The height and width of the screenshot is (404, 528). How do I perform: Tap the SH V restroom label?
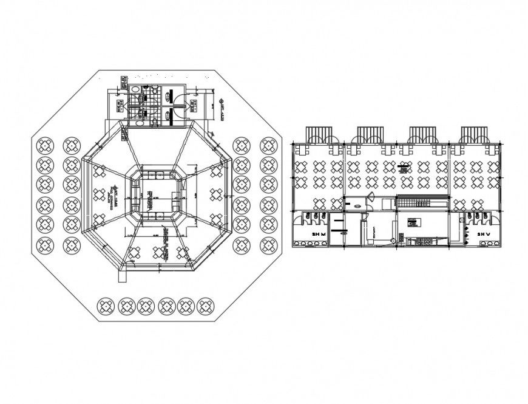(x=483, y=233)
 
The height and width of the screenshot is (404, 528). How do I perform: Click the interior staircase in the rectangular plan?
(x=422, y=202)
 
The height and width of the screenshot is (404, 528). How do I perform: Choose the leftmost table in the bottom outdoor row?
(x=107, y=306)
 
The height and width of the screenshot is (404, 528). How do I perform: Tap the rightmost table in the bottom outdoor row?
(x=207, y=306)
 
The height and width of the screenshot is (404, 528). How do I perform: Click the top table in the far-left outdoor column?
(x=46, y=146)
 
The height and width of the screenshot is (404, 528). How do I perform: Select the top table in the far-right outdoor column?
(x=268, y=146)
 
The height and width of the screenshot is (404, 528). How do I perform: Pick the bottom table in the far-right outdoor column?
(x=268, y=245)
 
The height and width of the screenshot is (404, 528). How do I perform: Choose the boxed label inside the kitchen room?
(x=412, y=220)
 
